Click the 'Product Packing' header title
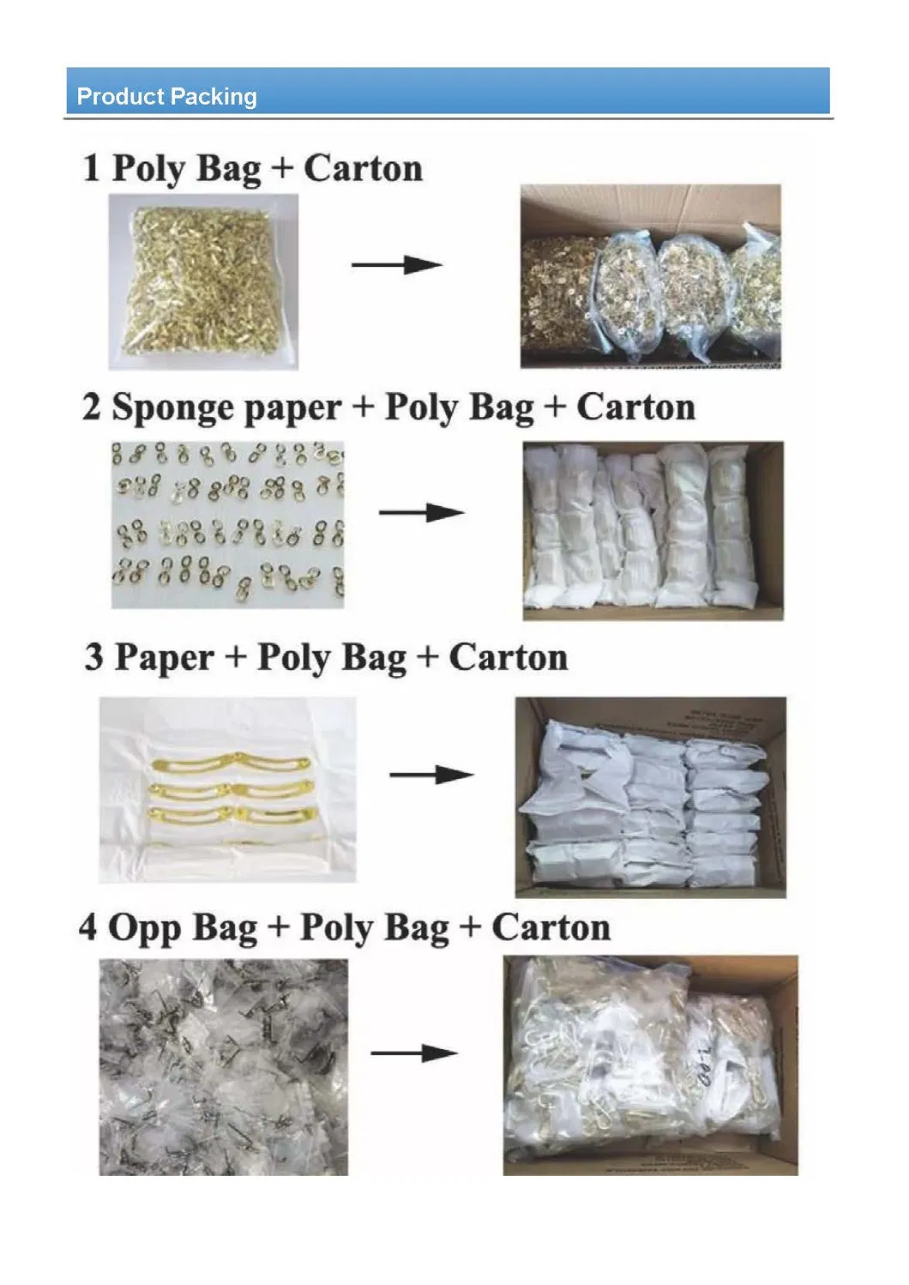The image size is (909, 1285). pos(166,96)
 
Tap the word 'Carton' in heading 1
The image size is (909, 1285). pos(363,168)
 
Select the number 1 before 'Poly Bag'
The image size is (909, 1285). pos(91,168)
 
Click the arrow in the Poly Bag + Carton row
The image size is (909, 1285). pos(396,264)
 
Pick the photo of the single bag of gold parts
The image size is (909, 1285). pos(203,281)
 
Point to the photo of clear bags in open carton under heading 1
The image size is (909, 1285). pos(650,276)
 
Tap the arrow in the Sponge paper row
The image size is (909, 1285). pos(421,513)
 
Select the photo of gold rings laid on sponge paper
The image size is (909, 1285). pos(227,525)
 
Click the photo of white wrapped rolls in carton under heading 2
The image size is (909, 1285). pos(653,530)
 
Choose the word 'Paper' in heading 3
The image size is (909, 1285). pos(164,658)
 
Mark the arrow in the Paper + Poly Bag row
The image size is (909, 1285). pos(430,775)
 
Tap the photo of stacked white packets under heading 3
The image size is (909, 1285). pos(650,797)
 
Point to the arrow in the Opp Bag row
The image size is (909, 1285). pos(413,1053)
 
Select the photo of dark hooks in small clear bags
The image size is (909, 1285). pos(224,1066)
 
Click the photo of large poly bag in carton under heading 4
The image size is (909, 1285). pos(650,1065)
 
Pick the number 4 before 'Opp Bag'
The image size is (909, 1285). pos(88,928)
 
